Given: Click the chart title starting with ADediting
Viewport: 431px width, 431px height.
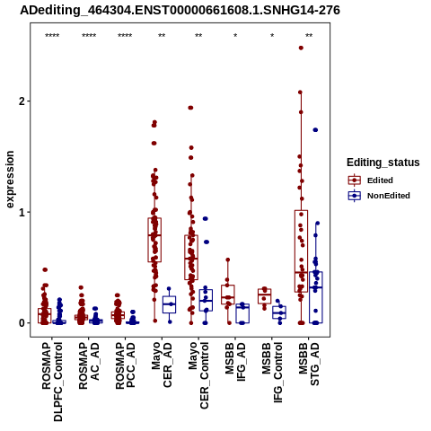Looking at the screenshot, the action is [180, 10].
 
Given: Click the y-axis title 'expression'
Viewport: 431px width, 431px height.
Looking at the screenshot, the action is [10, 180].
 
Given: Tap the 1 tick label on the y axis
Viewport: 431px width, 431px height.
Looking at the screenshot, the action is [22, 212].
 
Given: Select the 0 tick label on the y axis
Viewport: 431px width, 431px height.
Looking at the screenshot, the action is [22, 323].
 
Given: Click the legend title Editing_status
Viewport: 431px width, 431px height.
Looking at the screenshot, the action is [383, 163].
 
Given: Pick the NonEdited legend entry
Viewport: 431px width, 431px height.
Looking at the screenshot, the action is [379, 196].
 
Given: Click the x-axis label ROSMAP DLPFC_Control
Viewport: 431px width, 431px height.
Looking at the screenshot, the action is [52, 382].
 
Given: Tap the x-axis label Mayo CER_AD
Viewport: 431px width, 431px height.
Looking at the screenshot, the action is [162, 365].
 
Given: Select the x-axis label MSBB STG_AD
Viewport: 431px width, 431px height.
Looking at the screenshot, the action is [309, 364].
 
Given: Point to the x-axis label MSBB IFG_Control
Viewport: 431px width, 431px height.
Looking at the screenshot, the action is [272, 373].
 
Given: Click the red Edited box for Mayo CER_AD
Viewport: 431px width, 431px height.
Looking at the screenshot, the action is [154, 240].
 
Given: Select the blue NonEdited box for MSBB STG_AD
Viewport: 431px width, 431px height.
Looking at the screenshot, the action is [316, 297].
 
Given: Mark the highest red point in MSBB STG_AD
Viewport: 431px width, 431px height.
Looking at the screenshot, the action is [301, 48].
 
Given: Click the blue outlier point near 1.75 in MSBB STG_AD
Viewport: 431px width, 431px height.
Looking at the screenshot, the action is [315, 130].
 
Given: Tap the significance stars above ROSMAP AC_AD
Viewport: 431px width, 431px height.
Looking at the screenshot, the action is [89, 36].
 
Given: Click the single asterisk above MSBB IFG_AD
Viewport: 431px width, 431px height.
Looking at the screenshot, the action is [235, 36].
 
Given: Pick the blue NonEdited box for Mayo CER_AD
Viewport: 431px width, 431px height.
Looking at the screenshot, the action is [169, 304].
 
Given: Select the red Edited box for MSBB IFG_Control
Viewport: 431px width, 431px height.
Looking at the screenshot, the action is [265, 296].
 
